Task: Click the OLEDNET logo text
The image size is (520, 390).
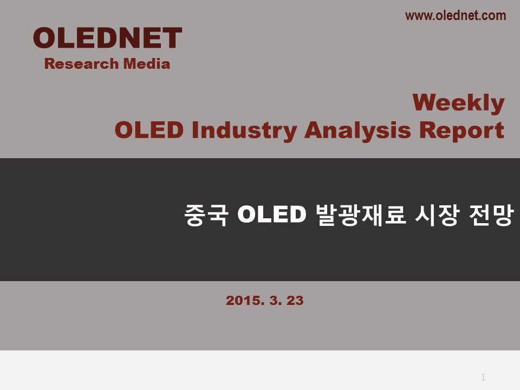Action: click(x=107, y=38)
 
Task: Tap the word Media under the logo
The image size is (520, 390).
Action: click(x=147, y=64)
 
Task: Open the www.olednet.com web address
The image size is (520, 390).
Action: click(x=456, y=16)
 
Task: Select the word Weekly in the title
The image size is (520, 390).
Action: click(x=458, y=103)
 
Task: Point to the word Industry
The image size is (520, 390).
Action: click(x=244, y=131)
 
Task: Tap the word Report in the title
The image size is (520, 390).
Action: click(x=461, y=131)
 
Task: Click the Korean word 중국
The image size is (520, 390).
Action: click(x=206, y=215)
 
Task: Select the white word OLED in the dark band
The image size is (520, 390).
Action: click(x=271, y=214)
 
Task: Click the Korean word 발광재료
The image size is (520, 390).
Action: click(x=361, y=215)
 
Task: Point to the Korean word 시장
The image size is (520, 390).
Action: click(x=437, y=215)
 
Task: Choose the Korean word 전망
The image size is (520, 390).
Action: click(x=491, y=215)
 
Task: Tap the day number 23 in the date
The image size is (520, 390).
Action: click(x=295, y=301)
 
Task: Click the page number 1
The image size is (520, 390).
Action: click(x=483, y=377)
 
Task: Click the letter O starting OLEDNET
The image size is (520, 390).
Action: click(x=44, y=38)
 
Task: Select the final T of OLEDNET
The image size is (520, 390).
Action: click(x=172, y=38)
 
